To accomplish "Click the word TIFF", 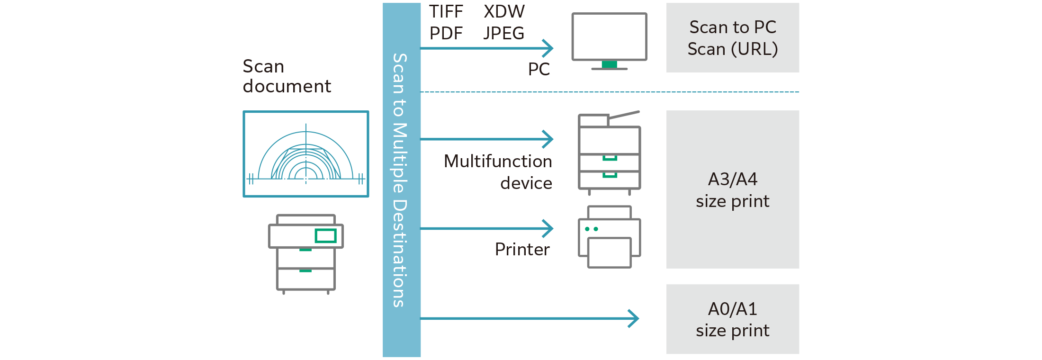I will click(x=446, y=12).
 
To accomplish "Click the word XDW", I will click(x=504, y=12).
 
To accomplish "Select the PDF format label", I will click(x=446, y=34).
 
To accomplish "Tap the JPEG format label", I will click(x=504, y=34).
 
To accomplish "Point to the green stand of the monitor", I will click(x=609, y=64).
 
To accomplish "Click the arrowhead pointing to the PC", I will click(x=548, y=48).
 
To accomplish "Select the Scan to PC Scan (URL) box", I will click(x=732, y=38).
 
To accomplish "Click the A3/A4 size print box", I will click(x=732, y=189).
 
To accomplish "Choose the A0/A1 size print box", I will click(x=732, y=319).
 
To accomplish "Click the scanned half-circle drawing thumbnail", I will click(x=306, y=154).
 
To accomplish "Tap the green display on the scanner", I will click(x=325, y=235).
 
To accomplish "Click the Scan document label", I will click(x=287, y=76).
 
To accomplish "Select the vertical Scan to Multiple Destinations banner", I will click(x=402, y=180).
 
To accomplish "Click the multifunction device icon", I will click(x=610, y=154).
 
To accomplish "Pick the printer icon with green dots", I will click(x=610, y=237).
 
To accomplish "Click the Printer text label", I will click(x=522, y=250).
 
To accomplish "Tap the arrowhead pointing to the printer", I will click(x=548, y=229).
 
